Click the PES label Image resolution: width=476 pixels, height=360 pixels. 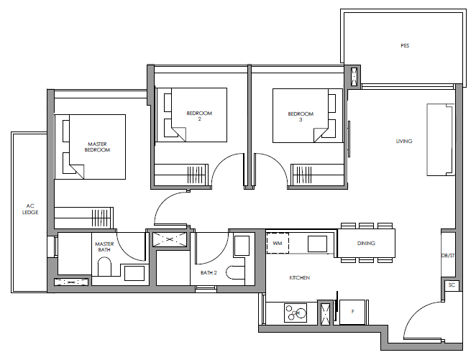pos(405,46)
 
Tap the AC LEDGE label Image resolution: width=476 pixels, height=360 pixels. pos(30,209)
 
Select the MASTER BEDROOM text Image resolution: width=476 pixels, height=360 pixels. pos(97,147)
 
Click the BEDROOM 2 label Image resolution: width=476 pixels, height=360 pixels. pos(199,116)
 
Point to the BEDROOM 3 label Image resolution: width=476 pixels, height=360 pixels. pos(301,116)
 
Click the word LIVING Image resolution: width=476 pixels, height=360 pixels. pos(404,142)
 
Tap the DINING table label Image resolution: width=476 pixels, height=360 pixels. pos(366,244)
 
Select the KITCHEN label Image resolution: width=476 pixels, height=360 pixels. pos(300,278)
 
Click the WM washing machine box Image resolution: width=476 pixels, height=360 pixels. pos(278,243)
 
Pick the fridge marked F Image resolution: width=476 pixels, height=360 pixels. pos(352,312)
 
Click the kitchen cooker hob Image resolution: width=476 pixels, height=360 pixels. pos(296,313)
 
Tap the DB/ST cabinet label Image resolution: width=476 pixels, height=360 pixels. pos(448,256)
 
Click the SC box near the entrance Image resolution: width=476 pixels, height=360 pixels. pos(452,285)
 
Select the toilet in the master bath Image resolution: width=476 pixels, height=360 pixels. pos(104,267)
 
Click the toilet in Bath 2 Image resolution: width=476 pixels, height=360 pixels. pos(235,272)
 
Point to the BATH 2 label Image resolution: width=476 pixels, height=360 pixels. pos(209,273)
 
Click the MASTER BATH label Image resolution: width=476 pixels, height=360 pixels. pos(104,247)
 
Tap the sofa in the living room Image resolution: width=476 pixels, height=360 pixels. pos(441,140)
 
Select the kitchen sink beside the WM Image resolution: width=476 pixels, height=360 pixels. pos(317,244)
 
